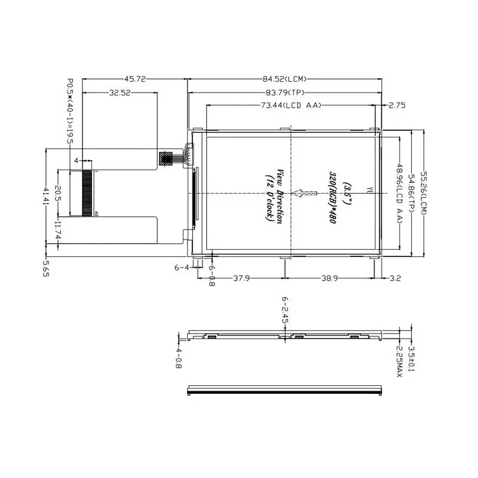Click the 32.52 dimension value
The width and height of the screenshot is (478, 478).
tap(120, 93)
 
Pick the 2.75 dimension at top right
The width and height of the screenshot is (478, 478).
tap(397, 105)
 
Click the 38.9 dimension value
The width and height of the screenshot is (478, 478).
tap(333, 278)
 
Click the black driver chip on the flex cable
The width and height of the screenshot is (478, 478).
tap(166, 158)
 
